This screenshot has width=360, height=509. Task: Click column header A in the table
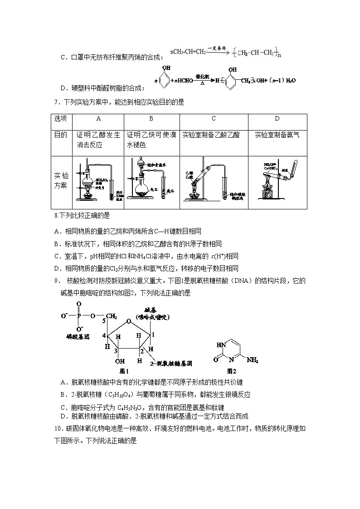[98, 119]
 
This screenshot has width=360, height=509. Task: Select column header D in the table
[277, 119]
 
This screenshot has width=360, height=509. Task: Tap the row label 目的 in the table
[61, 135]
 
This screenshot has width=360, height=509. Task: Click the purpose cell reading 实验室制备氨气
[277, 135]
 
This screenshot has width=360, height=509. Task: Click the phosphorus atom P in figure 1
[79, 316]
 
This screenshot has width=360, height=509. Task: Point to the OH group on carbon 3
[120, 361]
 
